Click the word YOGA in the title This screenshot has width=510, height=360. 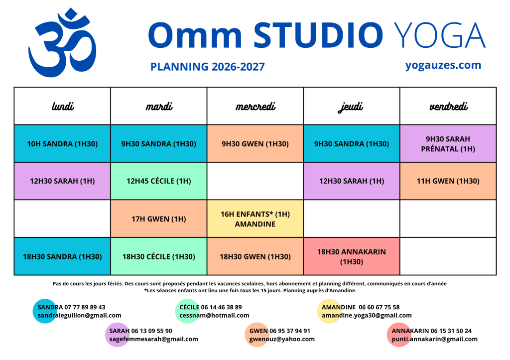point(440,35)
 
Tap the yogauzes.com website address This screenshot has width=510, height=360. point(443,65)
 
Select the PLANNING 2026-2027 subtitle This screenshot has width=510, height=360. point(207,67)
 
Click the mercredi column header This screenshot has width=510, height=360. point(255,106)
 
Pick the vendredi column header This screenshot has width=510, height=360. point(448,106)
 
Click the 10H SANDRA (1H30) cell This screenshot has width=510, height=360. point(62,143)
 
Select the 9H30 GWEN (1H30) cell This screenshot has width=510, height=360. point(255,143)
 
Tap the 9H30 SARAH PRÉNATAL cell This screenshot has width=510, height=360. point(448,143)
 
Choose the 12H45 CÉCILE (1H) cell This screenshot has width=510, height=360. point(159,181)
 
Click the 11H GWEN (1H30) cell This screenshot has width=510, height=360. point(448,181)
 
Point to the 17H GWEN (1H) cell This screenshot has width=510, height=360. point(159,219)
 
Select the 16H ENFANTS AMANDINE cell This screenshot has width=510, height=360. point(255,219)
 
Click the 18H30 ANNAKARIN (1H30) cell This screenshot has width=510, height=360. point(352,256)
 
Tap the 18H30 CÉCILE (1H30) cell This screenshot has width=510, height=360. point(159,256)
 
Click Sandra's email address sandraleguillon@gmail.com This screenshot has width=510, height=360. point(79,316)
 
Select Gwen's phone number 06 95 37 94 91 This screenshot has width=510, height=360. point(290,331)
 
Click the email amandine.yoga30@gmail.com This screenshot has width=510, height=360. point(367,316)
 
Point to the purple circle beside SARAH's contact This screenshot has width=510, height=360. point(117,335)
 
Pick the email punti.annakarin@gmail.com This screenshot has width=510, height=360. point(434,339)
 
